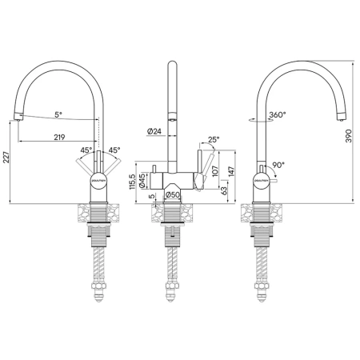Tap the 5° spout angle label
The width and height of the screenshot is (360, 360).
(x=58, y=114)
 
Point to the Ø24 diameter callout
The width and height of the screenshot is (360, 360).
(x=155, y=131)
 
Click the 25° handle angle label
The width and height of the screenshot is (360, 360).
(x=212, y=140)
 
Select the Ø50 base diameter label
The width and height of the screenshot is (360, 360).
(x=171, y=194)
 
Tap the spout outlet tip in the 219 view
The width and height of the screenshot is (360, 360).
(x=17, y=118)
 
